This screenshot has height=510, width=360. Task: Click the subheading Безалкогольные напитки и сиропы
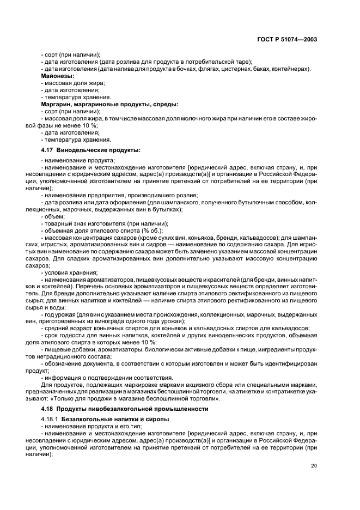(115, 418)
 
